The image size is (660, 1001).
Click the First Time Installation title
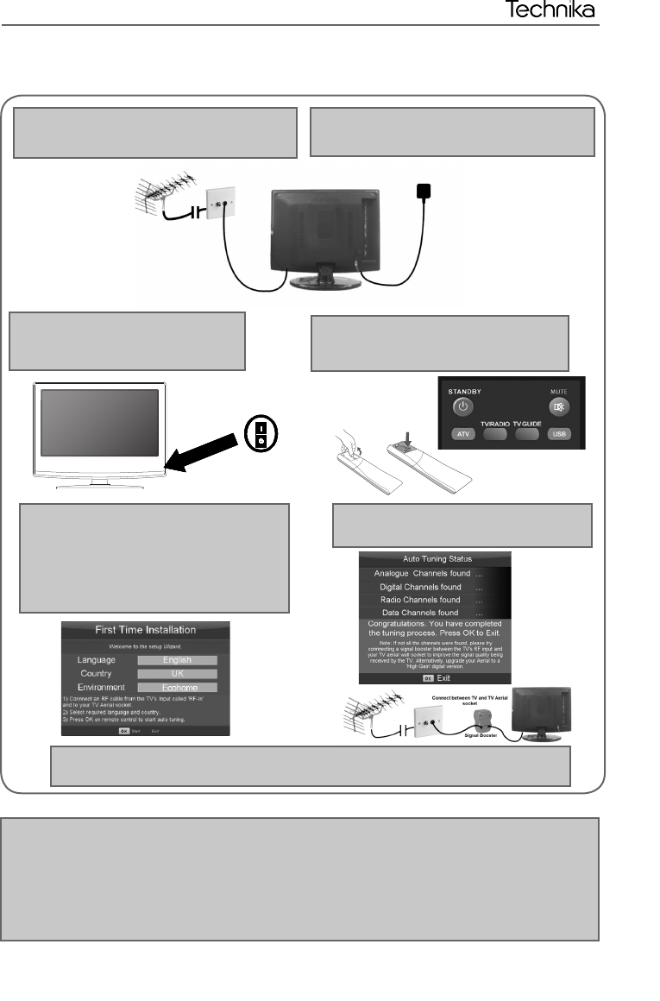(x=145, y=630)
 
